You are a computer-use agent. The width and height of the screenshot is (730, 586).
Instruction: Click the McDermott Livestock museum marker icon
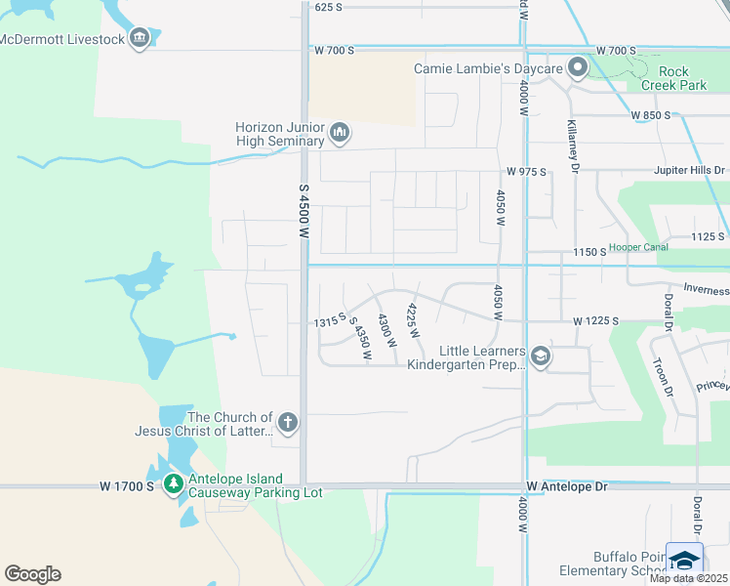tap(139, 38)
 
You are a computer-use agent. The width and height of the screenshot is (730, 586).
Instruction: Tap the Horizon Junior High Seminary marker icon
tap(340, 132)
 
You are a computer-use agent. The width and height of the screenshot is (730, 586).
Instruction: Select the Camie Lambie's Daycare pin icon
tap(578, 68)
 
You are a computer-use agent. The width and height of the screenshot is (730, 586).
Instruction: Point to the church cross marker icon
tap(287, 423)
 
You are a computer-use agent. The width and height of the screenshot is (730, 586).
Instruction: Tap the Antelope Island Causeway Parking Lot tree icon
tap(174, 483)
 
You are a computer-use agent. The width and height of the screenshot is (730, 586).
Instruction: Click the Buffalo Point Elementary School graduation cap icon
tap(684, 561)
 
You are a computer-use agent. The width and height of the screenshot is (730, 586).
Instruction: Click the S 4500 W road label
tap(303, 213)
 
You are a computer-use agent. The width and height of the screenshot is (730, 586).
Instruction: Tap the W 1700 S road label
tap(127, 485)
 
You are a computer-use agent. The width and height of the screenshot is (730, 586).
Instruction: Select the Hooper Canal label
tap(638, 248)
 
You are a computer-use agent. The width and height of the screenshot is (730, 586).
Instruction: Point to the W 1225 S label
tap(597, 320)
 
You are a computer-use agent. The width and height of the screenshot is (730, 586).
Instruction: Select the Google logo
tap(32, 574)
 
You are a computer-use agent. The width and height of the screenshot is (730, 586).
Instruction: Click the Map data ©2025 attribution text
tap(688, 578)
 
